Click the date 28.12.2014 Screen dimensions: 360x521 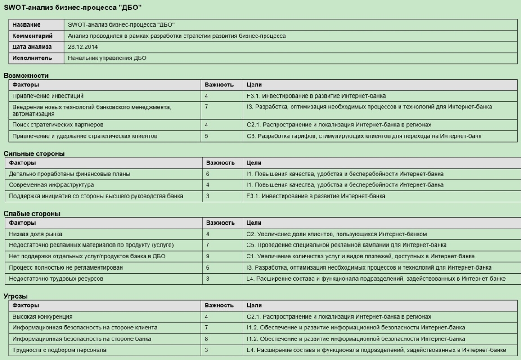pyautogui.click(x=83, y=47)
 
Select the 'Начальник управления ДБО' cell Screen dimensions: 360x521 pyautogui.click(x=107, y=58)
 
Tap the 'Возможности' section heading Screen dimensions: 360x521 pyautogui.click(x=26, y=76)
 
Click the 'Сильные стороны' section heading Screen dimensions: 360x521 pyautogui.click(x=34, y=153)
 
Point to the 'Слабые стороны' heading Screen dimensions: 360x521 pyautogui.click(x=32, y=213)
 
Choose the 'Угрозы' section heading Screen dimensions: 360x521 pyautogui.click(x=16, y=296)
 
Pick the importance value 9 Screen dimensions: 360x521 pyautogui.click(x=207, y=256)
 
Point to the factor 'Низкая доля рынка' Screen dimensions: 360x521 pyautogui.click(x=36, y=234)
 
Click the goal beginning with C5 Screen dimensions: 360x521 pyautogui.click(x=347, y=245)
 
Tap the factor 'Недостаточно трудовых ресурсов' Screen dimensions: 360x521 pyautogui.click(x=56, y=279)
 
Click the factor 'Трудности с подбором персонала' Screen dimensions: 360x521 pyautogui.click(x=59, y=350)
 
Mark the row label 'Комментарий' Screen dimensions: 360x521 pyautogui.click(x=32, y=36)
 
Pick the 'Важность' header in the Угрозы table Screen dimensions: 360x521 pyautogui.click(x=219, y=306)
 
